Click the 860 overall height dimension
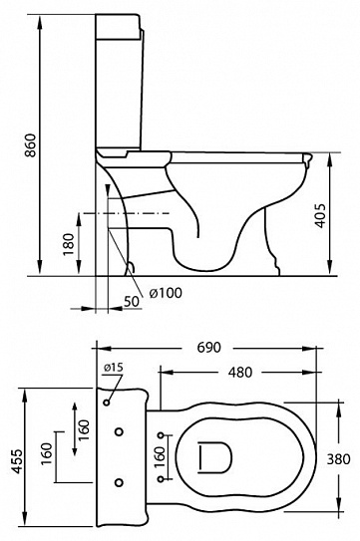pos(32,145)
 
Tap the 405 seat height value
pos(321,216)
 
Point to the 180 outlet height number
pos(69,245)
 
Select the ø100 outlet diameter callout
pos(166,293)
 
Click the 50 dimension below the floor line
pos(132,301)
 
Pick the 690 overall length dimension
pos(208,348)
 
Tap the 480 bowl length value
pos(240,373)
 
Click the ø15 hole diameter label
pos(113,368)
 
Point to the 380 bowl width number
pos(339,459)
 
